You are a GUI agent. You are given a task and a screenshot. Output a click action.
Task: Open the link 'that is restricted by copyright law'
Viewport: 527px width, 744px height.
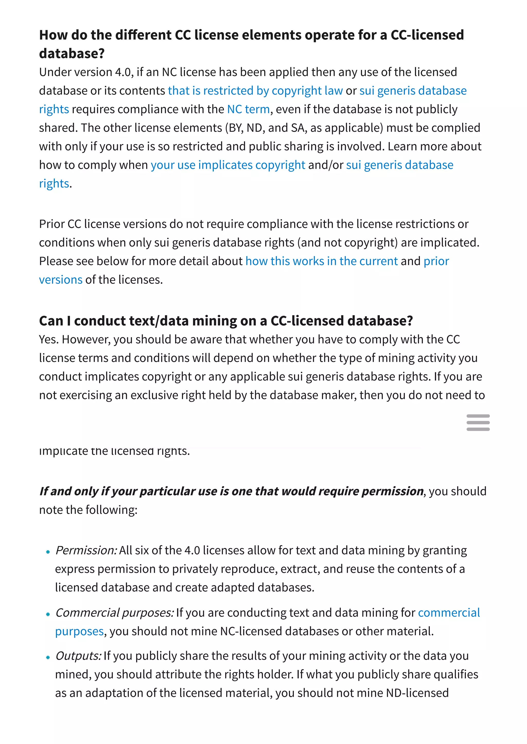pyautogui.click(x=255, y=91)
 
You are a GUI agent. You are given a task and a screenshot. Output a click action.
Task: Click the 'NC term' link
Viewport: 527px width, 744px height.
pyautogui.click(x=248, y=109)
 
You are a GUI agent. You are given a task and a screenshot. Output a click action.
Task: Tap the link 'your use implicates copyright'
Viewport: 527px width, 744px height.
pyautogui.click(x=228, y=165)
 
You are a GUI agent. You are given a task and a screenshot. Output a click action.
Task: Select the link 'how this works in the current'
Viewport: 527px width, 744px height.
pyautogui.click(x=321, y=261)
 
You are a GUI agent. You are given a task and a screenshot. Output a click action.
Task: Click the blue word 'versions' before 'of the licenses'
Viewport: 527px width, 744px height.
pyautogui.click(x=61, y=280)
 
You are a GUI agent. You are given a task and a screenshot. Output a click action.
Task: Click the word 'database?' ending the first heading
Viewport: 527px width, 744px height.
pyautogui.click(x=72, y=53)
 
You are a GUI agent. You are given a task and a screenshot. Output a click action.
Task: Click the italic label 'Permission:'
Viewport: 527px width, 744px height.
pyautogui.click(x=86, y=550)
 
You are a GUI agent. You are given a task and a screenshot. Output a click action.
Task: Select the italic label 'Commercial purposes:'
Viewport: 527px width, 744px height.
pyautogui.click(x=115, y=613)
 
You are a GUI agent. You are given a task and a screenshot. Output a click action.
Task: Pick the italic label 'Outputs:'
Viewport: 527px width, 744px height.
pyautogui.click(x=78, y=656)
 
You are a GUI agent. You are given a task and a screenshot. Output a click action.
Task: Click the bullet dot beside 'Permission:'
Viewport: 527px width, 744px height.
pyautogui.click(x=48, y=552)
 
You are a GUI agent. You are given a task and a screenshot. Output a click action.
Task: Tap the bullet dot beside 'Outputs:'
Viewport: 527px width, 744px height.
pyautogui.click(x=48, y=657)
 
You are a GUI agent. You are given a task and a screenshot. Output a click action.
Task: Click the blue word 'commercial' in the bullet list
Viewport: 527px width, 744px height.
pyautogui.click(x=449, y=613)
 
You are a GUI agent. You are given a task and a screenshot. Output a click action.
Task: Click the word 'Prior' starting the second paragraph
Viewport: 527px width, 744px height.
pyautogui.click(x=52, y=224)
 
